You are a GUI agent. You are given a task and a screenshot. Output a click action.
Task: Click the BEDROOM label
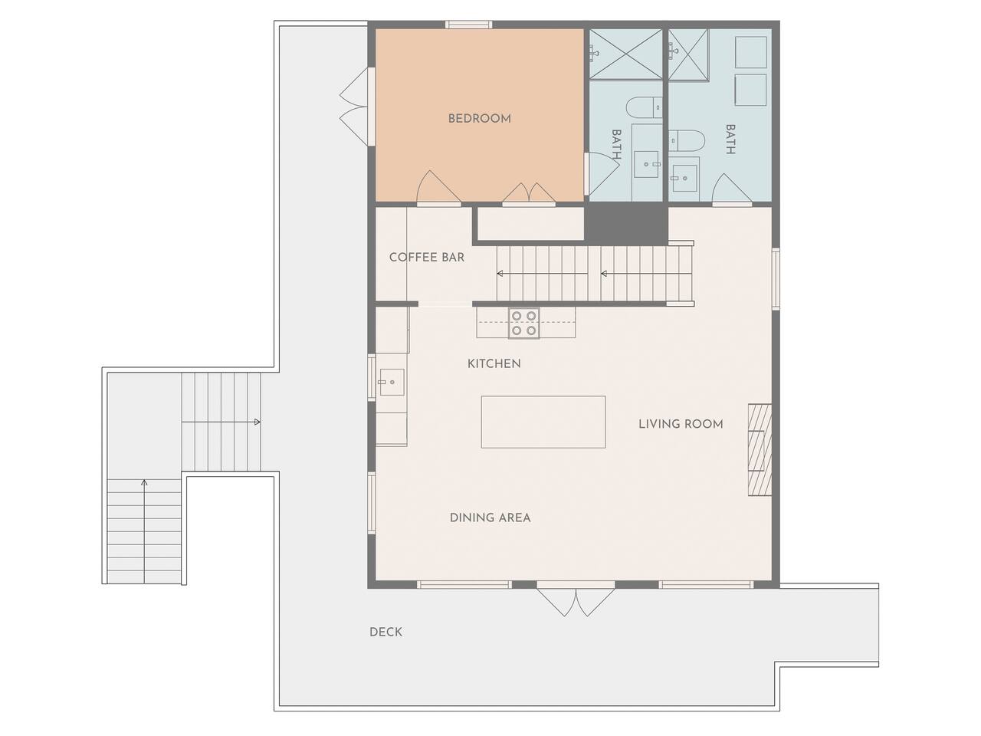(479, 119)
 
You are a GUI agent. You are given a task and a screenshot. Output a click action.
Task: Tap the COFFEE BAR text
(427, 258)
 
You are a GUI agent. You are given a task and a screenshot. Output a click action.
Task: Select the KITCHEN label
(494, 363)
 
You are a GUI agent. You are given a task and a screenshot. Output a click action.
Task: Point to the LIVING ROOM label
(681, 424)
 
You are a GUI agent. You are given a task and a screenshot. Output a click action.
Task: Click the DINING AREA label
(490, 518)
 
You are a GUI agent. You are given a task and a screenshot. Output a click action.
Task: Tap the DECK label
(386, 632)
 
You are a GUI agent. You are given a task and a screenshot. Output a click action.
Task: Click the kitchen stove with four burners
(523, 323)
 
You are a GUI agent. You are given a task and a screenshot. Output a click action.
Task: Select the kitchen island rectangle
(543, 422)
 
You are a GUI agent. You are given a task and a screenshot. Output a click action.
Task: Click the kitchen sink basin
(392, 382)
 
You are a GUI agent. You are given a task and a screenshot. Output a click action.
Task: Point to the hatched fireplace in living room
(760, 449)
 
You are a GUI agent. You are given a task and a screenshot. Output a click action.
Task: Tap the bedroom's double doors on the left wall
(355, 107)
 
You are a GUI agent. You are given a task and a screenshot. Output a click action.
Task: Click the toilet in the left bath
(644, 107)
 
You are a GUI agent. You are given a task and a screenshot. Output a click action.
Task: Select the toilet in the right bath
(687, 140)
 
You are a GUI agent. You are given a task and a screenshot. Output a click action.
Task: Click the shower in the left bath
(625, 54)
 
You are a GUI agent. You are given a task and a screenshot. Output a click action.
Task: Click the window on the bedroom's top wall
(469, 25)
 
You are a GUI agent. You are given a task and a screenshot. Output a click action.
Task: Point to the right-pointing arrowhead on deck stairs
(258, 422)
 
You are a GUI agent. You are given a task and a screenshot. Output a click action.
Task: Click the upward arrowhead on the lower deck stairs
(144, 483)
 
